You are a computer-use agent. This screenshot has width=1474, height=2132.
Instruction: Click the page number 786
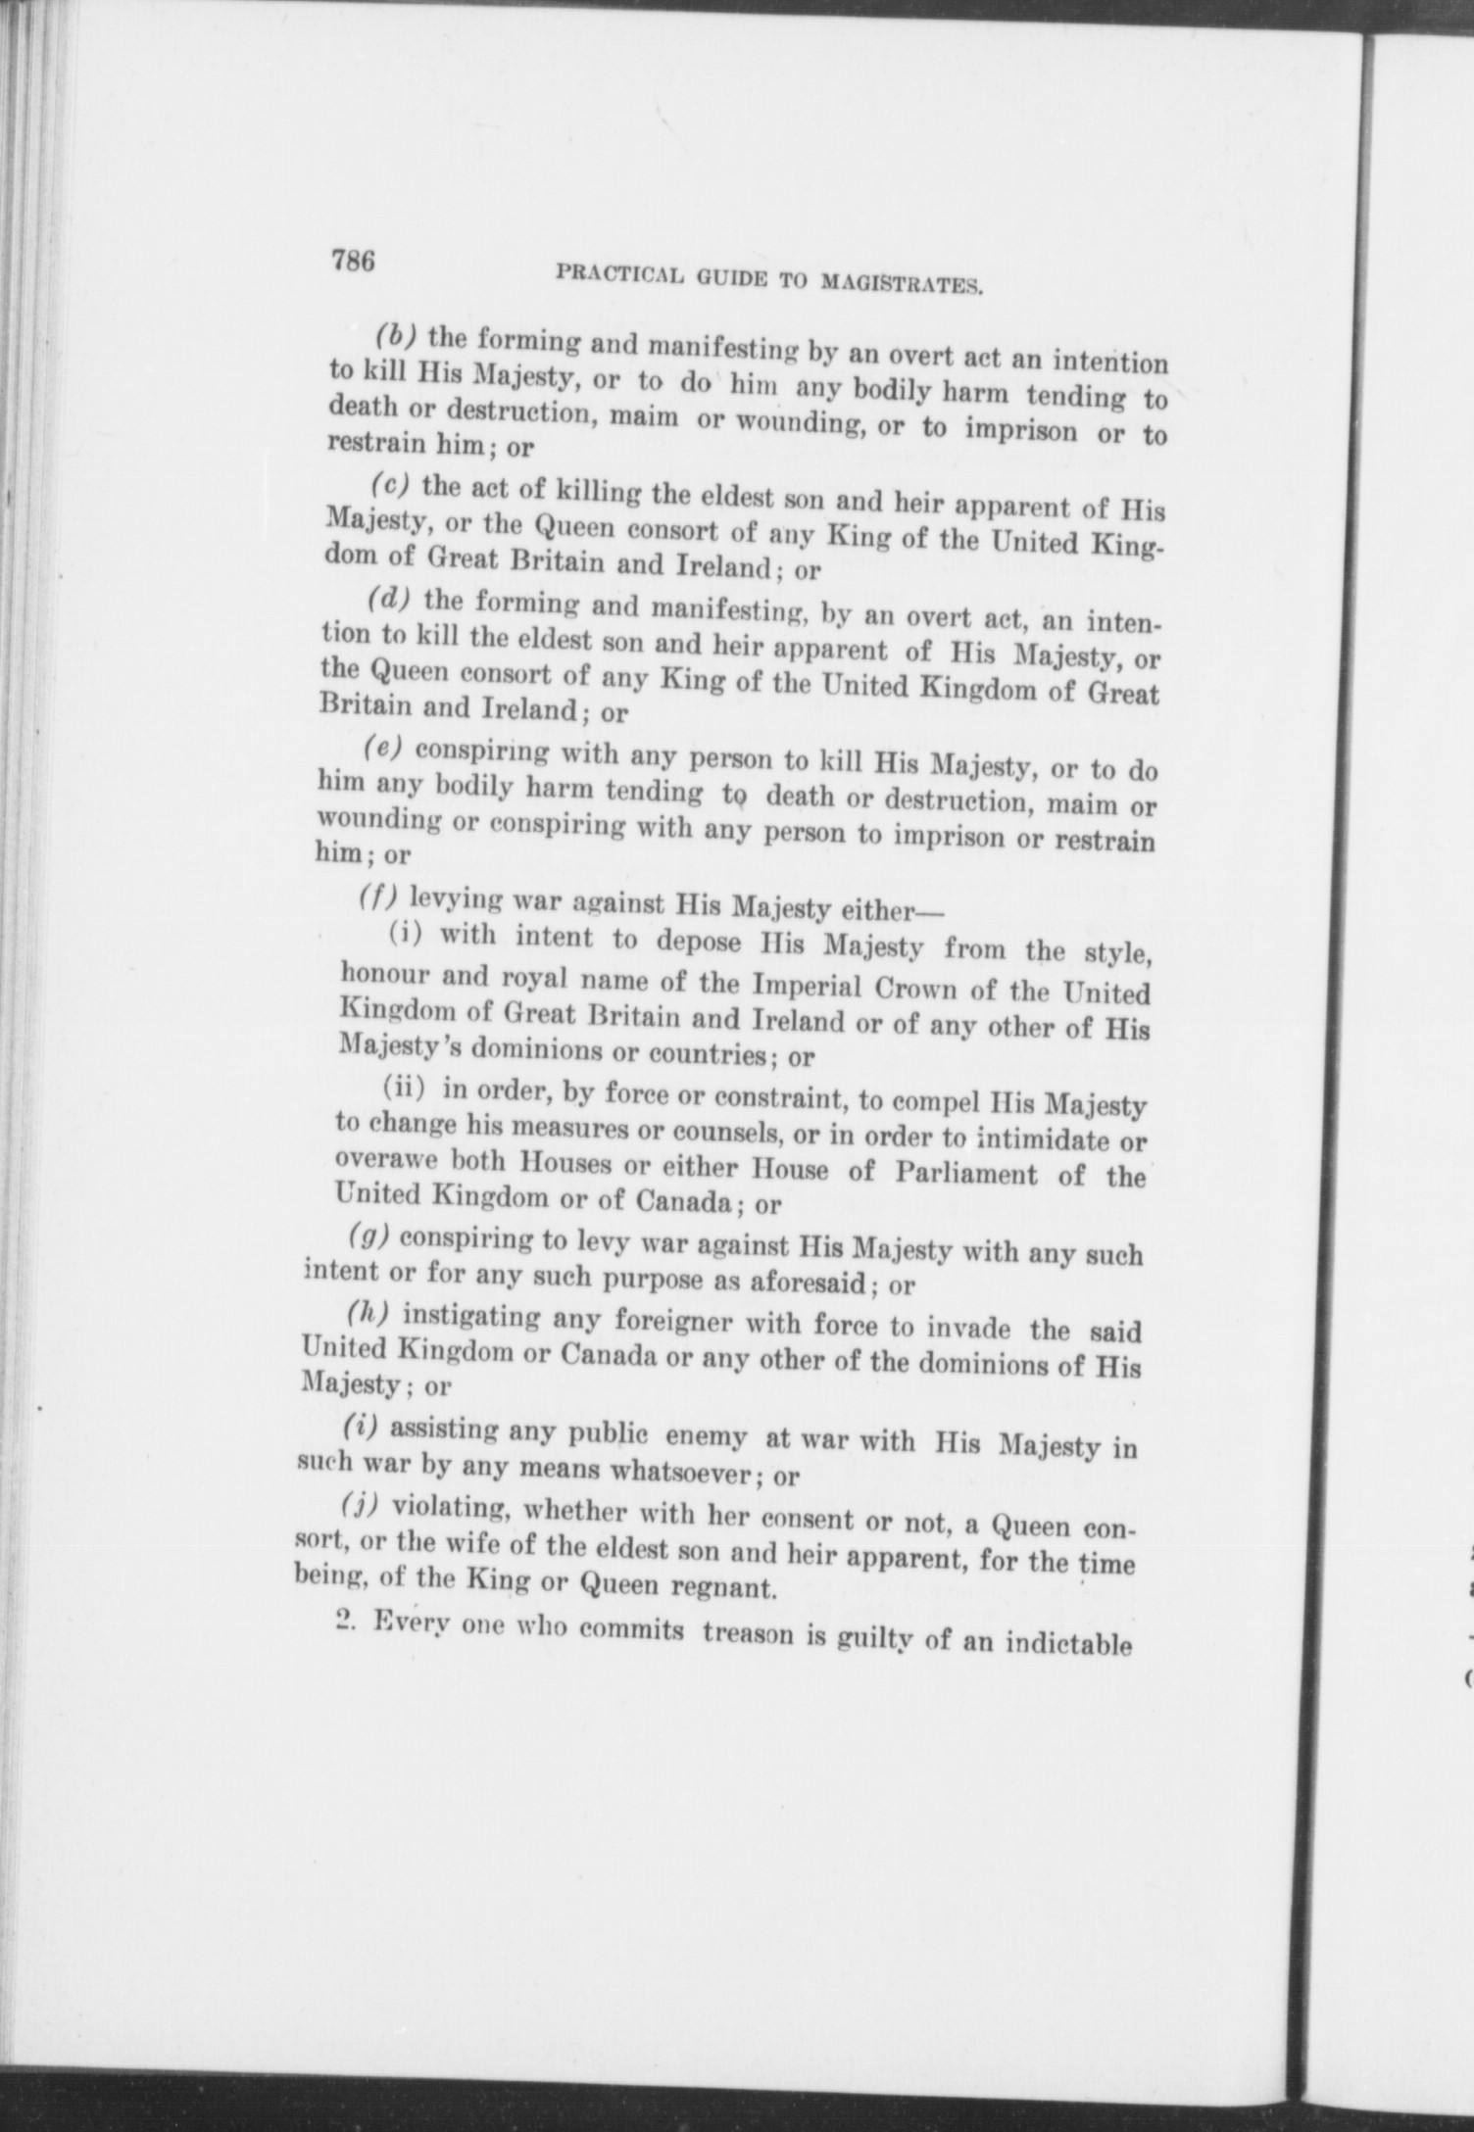click(354, 262)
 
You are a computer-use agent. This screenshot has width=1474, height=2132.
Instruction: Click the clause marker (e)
click(382, 750)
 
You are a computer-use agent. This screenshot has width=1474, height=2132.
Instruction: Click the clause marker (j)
click(361, 1504)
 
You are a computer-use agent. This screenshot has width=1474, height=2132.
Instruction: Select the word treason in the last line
click(752, 1635)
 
